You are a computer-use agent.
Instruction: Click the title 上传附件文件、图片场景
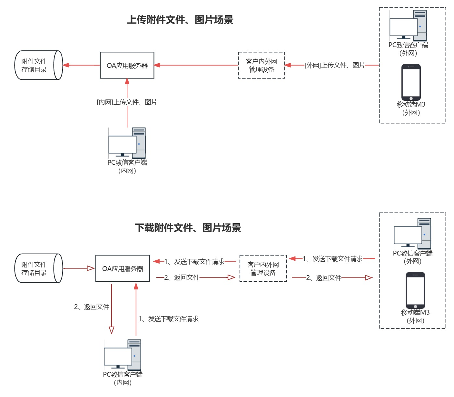(180, 20)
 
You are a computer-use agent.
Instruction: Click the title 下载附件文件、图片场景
(188, 228)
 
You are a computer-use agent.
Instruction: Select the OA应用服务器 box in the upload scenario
(127, 65)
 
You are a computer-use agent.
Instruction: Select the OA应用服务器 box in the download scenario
(123, 268)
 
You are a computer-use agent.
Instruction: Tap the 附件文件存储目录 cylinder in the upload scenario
(38, 65)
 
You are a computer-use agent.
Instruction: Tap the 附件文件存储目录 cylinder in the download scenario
(38, 268)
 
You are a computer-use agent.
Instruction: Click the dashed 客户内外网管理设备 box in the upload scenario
(262, 65)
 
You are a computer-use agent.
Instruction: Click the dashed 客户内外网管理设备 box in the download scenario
(263, 268)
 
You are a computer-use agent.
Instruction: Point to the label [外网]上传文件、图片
(335, 65)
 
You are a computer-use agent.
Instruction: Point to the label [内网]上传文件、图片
(127, 102)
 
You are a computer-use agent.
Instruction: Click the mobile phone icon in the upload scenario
(411, 82)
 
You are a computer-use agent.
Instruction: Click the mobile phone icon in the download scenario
(415, 290)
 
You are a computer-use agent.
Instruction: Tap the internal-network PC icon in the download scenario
(123, 355)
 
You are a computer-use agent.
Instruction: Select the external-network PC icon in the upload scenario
(408, 25)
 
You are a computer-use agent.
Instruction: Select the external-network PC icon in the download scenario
(412, 233)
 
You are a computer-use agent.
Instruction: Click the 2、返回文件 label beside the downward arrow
(92, 307)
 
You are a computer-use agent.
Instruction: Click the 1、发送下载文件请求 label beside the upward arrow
(168, 319)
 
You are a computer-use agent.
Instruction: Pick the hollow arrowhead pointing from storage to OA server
(90, 268)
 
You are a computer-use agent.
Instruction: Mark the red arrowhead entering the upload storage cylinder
(66, 65)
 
